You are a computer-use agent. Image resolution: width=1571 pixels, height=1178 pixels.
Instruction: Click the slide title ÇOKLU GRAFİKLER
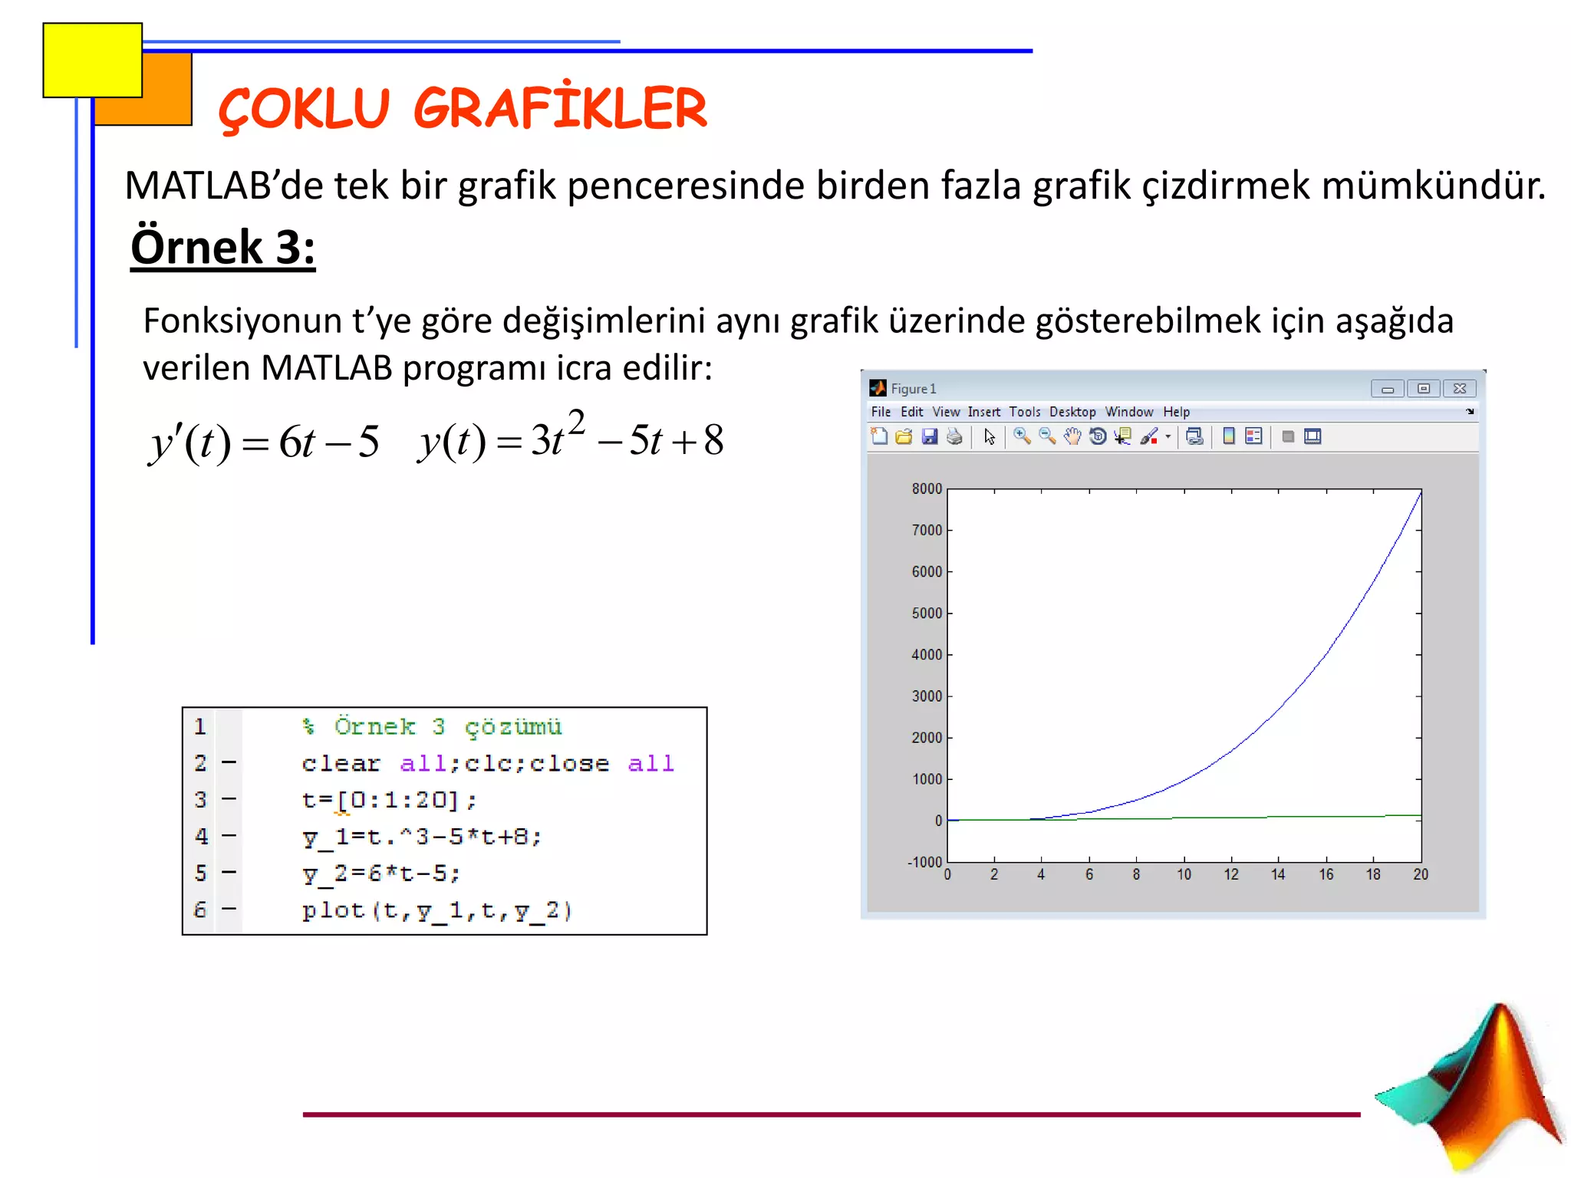(463, 108)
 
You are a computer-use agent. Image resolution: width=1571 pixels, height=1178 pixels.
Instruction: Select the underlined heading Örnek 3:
(222, 247)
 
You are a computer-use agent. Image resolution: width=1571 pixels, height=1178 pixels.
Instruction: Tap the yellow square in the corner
(92, 60)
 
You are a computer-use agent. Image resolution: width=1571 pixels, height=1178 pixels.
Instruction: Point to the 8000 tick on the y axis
(927, 489)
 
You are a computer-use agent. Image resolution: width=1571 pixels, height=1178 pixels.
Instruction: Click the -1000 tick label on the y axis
(924, 862)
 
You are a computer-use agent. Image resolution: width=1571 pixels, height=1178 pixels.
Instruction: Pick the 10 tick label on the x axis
(1184, 875)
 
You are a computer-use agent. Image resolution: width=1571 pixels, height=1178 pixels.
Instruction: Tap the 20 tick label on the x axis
(1421, 875)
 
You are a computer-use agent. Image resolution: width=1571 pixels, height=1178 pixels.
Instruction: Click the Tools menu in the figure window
(1024, 412)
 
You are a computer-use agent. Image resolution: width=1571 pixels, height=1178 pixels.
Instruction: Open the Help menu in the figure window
(1176, 412)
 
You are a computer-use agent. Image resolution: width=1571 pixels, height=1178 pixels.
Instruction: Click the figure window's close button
(1459, 389)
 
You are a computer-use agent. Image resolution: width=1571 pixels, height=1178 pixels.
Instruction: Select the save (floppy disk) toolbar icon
(930, 437)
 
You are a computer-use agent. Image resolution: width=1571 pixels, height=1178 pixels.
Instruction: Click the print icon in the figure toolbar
(954, 437)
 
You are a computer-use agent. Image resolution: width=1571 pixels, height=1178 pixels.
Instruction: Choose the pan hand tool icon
(1072, 437)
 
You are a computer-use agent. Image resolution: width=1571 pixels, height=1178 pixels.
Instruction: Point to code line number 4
(201, 836)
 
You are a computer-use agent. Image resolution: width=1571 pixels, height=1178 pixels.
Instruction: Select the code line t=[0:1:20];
(389, 800)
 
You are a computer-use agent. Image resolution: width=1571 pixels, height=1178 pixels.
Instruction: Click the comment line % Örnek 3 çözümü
(432, 726)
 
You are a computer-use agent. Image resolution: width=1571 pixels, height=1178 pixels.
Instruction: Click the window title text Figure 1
(913, 389)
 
